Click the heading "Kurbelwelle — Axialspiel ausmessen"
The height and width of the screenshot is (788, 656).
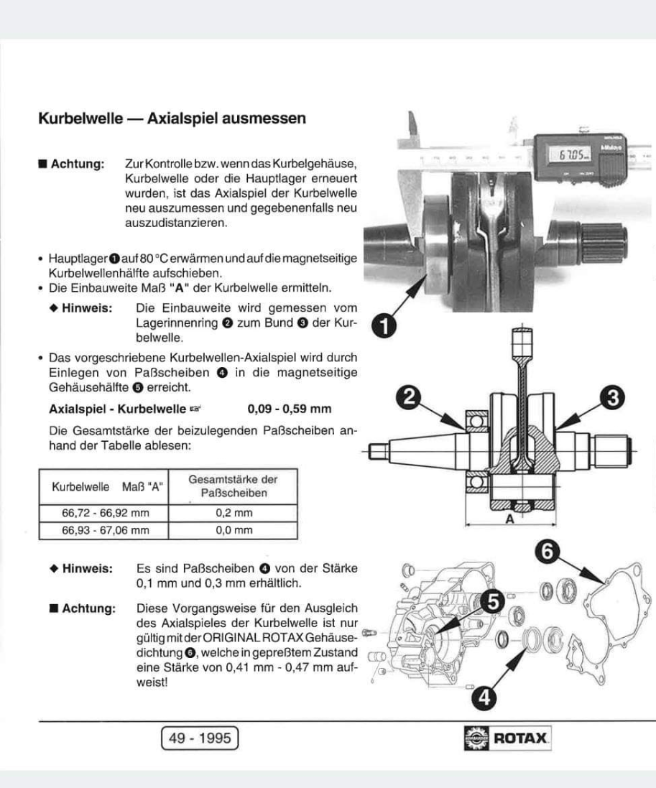[x=172, y=118]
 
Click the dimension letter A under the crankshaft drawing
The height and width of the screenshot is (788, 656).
[x=509, y=520]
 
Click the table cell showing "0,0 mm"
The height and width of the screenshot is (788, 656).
[x=234, y=531]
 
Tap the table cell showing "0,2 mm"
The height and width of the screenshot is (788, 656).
[x=234, y=514]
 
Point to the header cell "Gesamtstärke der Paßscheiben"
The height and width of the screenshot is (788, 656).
[x=233, y=486]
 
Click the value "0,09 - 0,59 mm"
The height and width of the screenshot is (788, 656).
[x=289, y=409]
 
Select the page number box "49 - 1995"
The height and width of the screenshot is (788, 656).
[x=200, y=738]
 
